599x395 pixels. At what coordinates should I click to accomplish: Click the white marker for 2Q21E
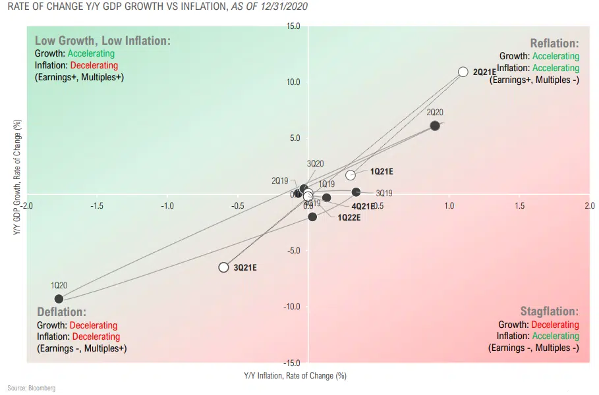click(x=463, y=72)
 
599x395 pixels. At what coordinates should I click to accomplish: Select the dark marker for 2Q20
click(x=435, y=126)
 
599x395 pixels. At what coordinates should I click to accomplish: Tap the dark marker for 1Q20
click(x=59, y=299)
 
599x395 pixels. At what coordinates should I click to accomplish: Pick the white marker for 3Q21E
click(x=223, y=267)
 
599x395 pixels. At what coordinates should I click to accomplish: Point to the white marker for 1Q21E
click(x=351, y=175)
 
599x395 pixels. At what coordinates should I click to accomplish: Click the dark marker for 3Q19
click(x=356, y=192)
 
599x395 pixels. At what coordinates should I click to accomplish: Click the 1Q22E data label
click(x=349, y=217)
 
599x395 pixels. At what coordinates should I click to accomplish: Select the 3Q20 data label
click(x=316, y=163)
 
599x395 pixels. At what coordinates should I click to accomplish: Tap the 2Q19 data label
click(x=280, y=180)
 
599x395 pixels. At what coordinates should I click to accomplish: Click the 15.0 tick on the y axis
click(x=293, y=26)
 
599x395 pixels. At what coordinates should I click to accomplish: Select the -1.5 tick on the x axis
click(x=97, y=206)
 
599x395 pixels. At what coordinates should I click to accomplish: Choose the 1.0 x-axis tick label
click(x=449, y=206)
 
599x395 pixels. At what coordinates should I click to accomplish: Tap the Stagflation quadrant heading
click(x=549, y=311)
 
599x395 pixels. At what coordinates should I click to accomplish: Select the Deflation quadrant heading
click(x=62, y=312)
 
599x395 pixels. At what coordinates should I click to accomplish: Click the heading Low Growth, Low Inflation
click(x=102, y=40)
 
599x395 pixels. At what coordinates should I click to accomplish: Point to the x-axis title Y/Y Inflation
click(x=295, y=376)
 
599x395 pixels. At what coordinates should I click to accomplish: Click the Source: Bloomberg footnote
click(x=32, y=388)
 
